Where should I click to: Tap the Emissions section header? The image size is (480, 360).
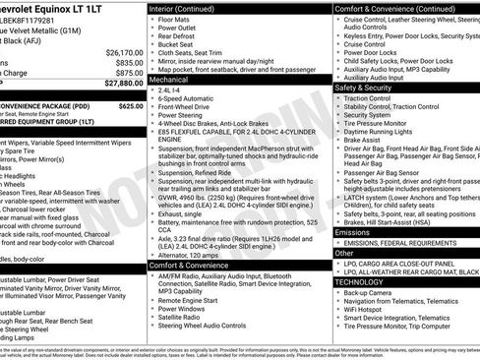point(357,232)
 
